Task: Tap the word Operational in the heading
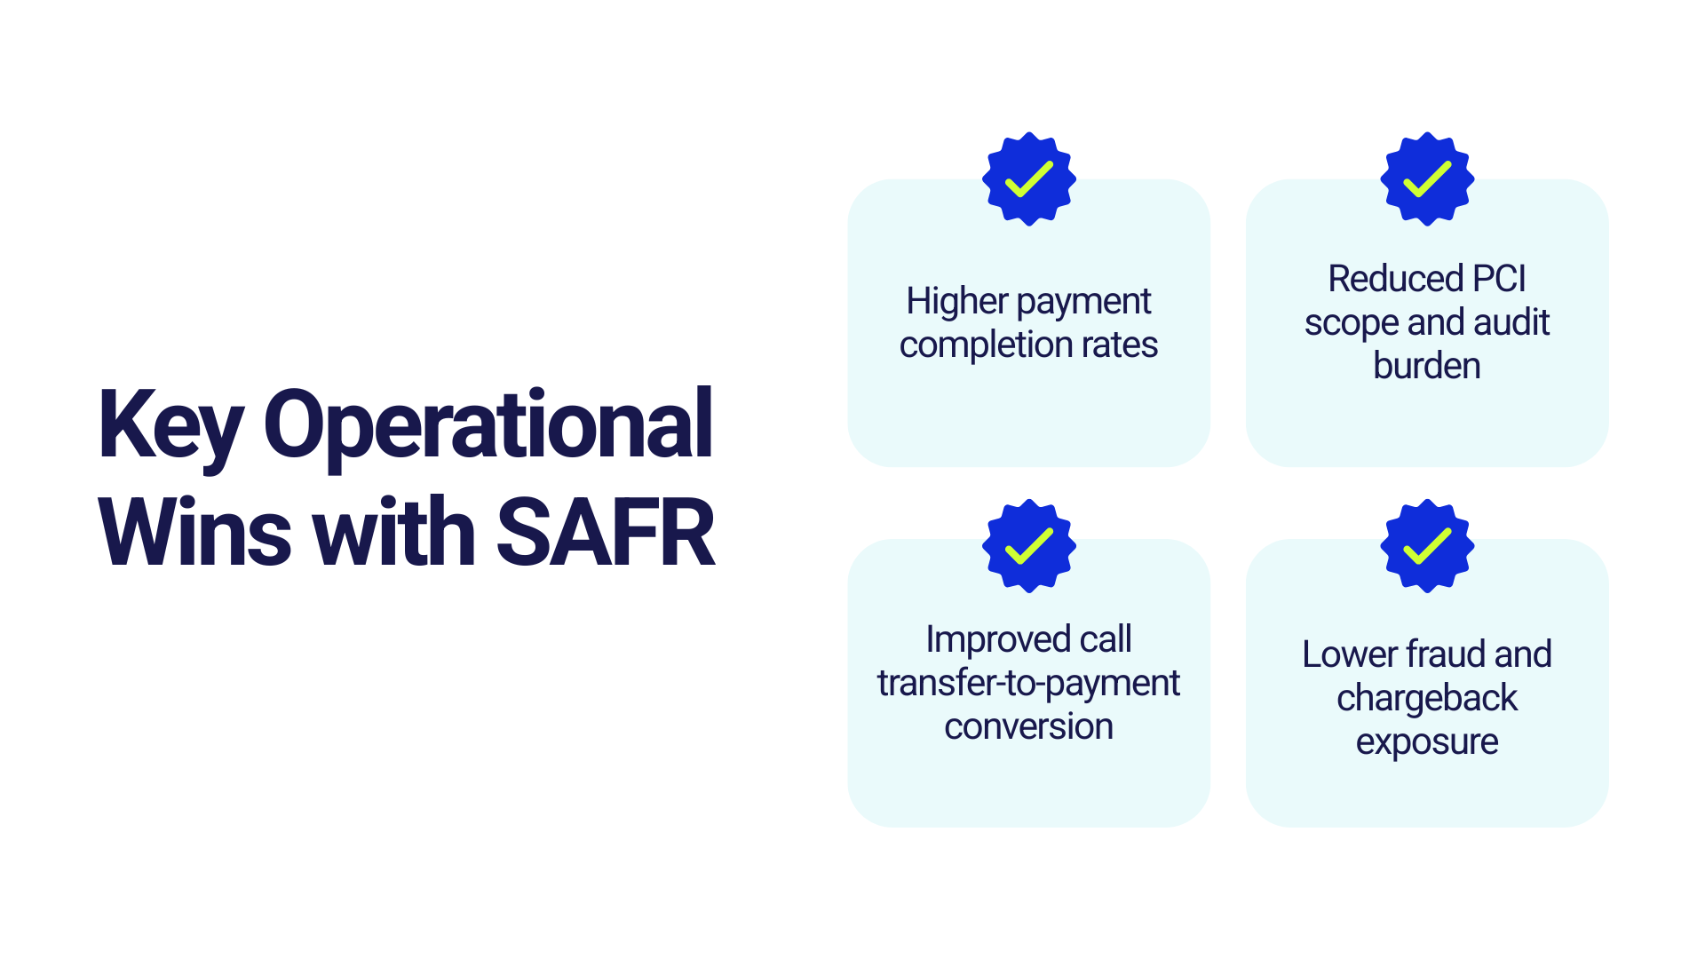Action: [x=488, y=427]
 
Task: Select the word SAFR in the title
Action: [x=606, y=533]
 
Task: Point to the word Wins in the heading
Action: [x=194, y=533]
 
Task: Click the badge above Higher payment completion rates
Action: [x=1029, y=179]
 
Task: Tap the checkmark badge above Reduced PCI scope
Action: [x=1427, y=179]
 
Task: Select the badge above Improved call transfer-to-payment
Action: [x=1029, y=546]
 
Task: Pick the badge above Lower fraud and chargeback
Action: [x=1427, y=546]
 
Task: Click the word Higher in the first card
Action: [x=957, y=302]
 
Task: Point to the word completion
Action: [x=985, y=345]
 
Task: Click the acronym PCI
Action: [x=1499, y=279]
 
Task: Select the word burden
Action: [x=1427, y=366]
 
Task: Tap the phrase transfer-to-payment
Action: [x=1028, y=684]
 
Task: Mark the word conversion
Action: [x=1028, y=727]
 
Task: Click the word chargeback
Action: [x=1427, y=699]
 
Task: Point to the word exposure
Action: [x=1427, y=742]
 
